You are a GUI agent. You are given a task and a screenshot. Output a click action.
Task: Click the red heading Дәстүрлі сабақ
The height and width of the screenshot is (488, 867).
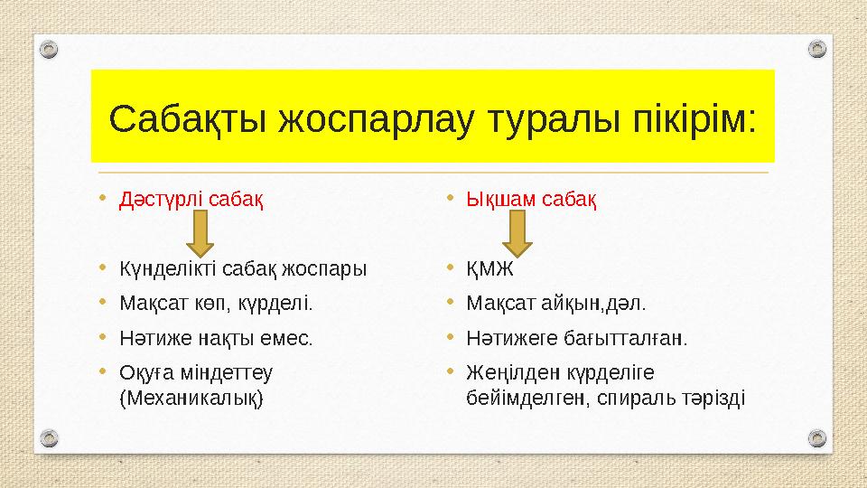(191, 199)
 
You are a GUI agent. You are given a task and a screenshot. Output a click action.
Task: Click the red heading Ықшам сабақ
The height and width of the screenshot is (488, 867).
(531, 199)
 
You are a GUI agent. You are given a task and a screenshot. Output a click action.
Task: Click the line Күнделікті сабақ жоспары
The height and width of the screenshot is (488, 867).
(243, 268)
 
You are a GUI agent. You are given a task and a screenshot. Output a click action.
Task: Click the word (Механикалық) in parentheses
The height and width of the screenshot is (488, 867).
(191, 397)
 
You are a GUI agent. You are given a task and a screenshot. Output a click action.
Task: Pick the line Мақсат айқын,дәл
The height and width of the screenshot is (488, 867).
(555, 303)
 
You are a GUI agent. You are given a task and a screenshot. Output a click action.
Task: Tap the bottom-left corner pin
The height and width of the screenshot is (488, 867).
(50, 440)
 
